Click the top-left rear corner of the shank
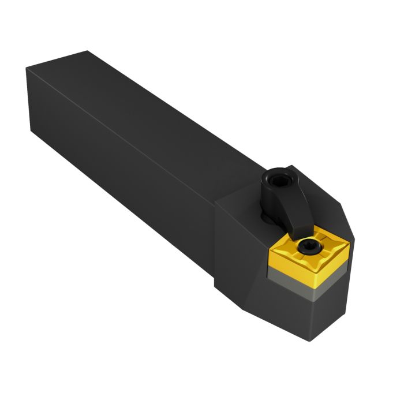coord(27,69)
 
